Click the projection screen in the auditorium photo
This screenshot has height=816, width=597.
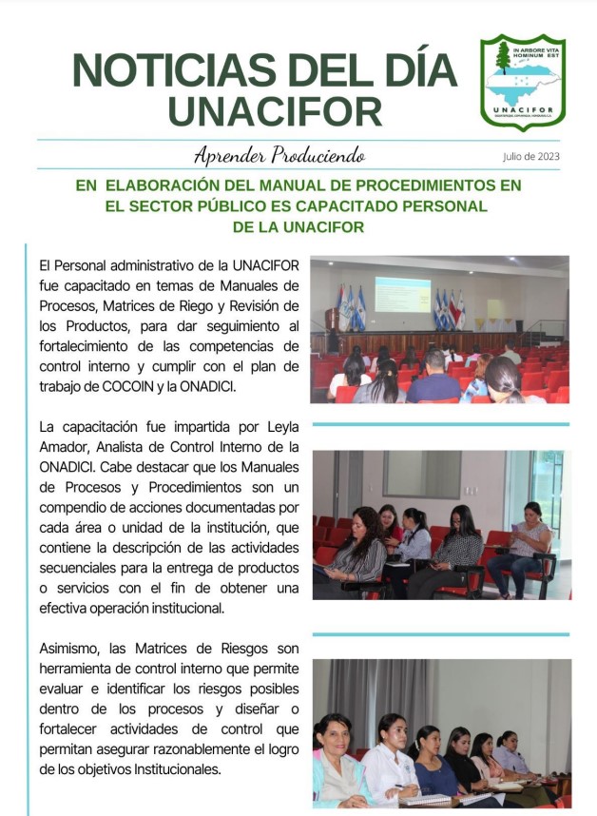click(402, 294)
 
